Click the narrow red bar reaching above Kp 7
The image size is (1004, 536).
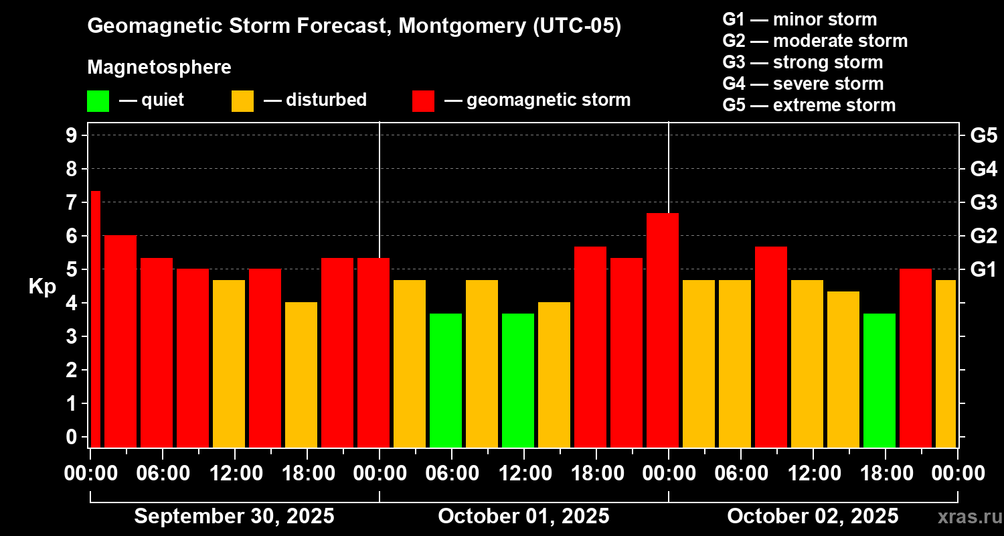pos(95,318)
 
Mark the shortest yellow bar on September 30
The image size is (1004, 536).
pos(301,375)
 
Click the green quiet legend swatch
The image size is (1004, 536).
pos(98,100)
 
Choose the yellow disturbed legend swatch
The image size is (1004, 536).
pos(242,100)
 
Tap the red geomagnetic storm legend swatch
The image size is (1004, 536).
pos(423,100)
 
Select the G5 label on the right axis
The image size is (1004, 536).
pos(983,135)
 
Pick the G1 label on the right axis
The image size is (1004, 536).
pos(983,269)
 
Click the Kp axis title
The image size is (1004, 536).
pos(42,286)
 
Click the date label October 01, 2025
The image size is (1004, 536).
pos(523,517)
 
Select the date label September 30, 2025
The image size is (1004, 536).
pos(234,517)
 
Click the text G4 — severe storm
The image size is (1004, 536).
pos(803,84)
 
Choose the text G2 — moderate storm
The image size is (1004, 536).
pos(815,41)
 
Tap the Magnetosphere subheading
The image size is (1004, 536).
pos(159,68)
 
